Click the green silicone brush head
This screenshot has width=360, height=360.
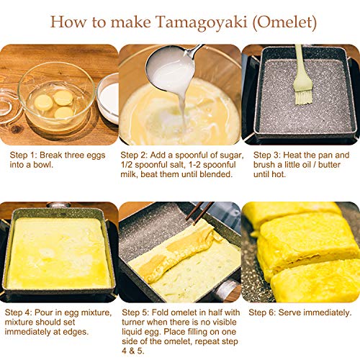click(x=303, y=92)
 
